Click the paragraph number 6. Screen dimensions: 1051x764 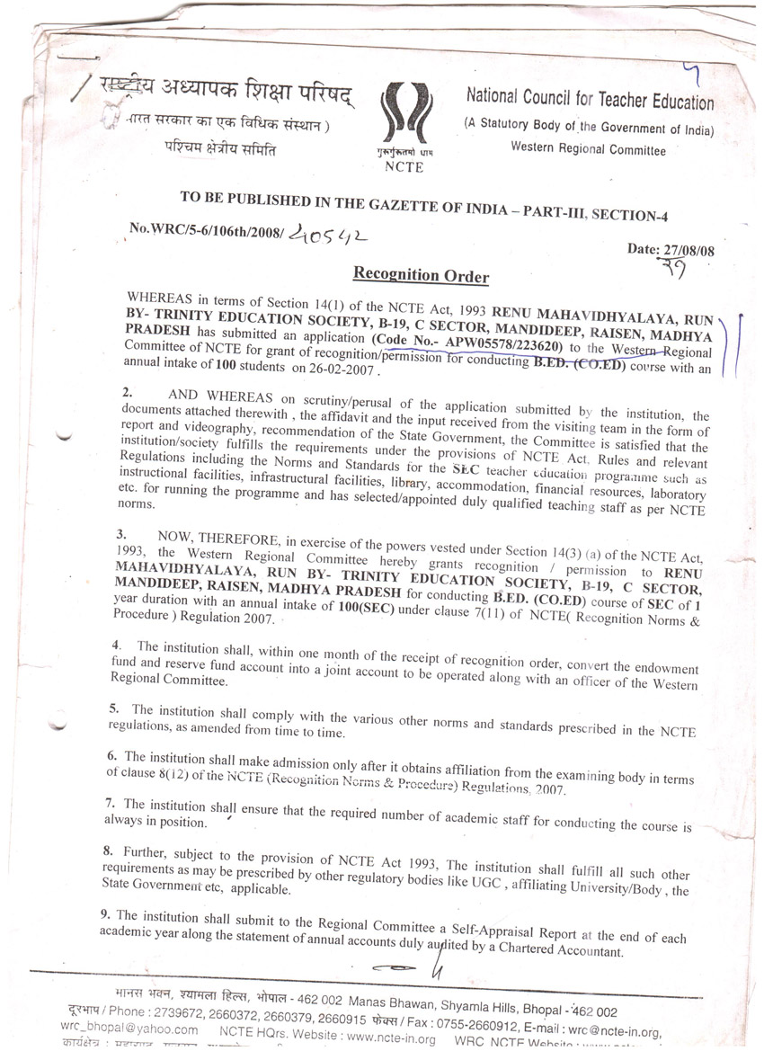click(x=111, y=757)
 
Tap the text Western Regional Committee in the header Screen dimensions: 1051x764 click(x=588, y=149)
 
